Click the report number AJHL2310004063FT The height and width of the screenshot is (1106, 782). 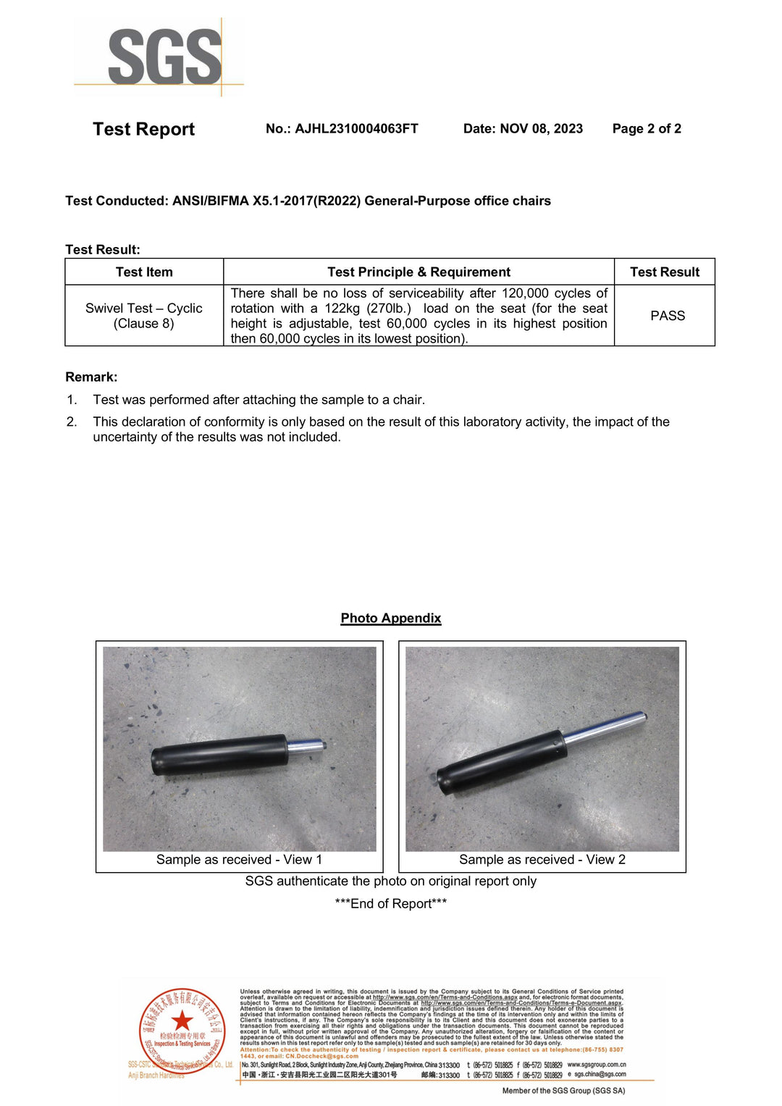[356, 129]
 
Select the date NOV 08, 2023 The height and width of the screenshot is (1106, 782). [541, 129]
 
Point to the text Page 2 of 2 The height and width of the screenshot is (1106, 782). [647, 129]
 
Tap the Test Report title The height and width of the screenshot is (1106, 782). [143, 130]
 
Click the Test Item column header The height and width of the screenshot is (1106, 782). [144, 272]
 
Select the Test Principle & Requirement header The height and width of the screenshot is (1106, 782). [419, 272]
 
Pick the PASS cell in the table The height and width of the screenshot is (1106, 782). [667, 316]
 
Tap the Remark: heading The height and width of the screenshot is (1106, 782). [91, 377]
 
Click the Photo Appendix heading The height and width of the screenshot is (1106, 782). [391, 619]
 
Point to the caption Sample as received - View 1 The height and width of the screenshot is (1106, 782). [239, 860]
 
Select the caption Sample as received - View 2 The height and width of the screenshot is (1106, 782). [542, 860]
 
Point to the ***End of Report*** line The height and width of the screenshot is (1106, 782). [391, 904]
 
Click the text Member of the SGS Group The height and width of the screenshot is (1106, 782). [563, 1091]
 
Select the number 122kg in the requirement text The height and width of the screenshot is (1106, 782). [342, 309]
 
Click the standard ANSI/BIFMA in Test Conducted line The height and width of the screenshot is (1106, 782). [210, 201]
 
